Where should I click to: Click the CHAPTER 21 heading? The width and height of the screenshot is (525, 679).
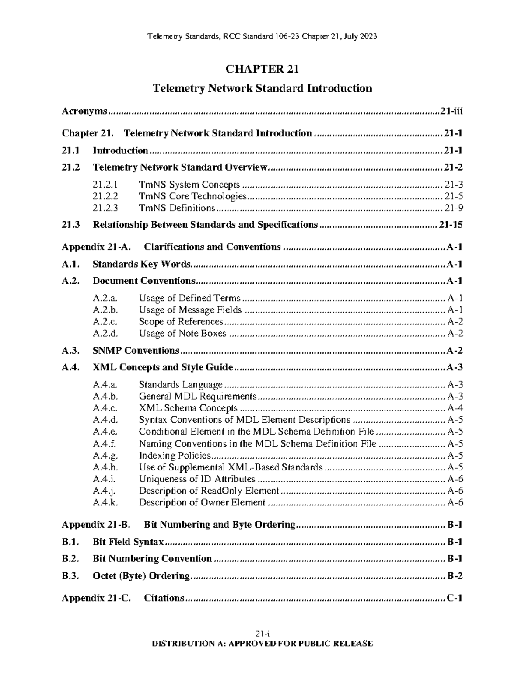coord(262,69)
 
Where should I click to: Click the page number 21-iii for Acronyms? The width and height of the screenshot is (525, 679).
coord(451,111)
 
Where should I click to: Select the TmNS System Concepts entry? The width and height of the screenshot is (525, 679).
coord(189,185)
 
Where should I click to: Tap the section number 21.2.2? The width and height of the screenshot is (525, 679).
coord(105,196)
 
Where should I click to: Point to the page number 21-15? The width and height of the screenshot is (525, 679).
coord(451,225)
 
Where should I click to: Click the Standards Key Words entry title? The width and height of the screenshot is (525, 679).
coord(142,264)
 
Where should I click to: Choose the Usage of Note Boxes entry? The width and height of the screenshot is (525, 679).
coord(182,333)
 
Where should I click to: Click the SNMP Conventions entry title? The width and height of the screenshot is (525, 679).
coord(136,351)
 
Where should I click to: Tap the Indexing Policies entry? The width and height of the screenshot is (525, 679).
coord(175,455)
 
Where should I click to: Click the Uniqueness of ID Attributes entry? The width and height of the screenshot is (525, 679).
coord(197,479)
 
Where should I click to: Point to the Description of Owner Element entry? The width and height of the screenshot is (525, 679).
coord(202,502)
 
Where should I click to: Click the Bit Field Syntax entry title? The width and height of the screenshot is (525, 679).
coord(128,542)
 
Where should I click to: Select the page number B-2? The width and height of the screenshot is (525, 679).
coord(455,576)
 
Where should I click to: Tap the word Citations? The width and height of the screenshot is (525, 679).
coord(164,598)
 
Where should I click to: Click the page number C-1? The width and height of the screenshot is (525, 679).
coord(455,598)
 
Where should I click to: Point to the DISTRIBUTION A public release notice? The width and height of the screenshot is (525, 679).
coord(262,643)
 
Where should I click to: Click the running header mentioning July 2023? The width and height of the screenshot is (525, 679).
coord(262,37)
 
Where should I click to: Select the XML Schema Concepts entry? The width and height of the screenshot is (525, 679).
coord(188,408)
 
